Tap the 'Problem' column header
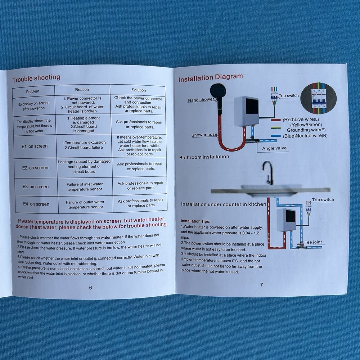pyautogui.click(x=33, y=91)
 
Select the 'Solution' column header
pyautogui.click(x=139, y=90)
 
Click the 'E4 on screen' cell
pyautogui.click(x=36, y=204)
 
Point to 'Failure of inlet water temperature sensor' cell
pyautogui.click(x=85, y=186)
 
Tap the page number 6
pyautogui.click(x=90, y=287)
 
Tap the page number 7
pyautogui.click(x=261, y=284)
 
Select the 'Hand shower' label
pyautogui.click(x=201, y=100)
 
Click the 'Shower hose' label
pyautogui.click(x=204, y=135)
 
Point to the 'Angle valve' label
pyautogui.click(x=274, y=148)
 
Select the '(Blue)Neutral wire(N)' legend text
pyautogui.click(x=305, y=136)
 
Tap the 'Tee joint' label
pyautogui.click(x=313, y=242)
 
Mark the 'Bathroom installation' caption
pyautogui.click(x=204, y=157)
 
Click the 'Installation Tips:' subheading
pyautogui.click(x=195, y=221)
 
